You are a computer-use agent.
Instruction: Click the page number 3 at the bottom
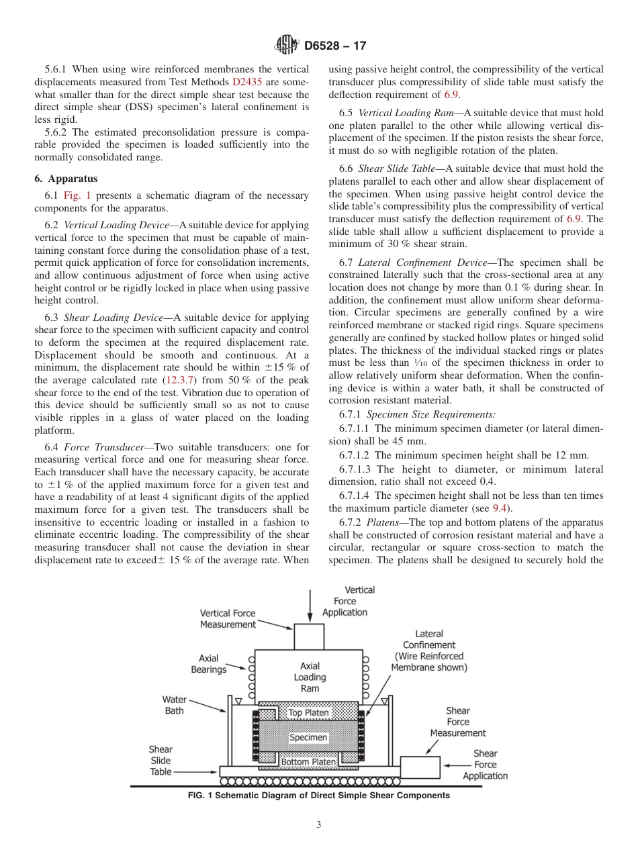pyautogui.click(x=319, y=824)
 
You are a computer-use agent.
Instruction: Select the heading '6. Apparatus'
pyautogui.click(x=66, y=179)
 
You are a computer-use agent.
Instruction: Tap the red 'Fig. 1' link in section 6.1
pyautogui.click(x=77, y=195)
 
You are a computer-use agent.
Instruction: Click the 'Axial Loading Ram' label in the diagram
pyautogui.click(x=309, y=677)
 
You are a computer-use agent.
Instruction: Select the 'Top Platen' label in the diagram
pyautogui.click(x=308, y=712)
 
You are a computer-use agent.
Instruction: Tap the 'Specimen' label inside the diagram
pyautogui.click(x=308, y=737)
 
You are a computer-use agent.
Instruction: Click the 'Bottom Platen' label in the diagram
pyautogui.click(x=308, y=762)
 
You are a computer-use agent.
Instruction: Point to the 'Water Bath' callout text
pyautogui.click(x=174, y=705)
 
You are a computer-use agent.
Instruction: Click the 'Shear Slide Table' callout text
pyautogui.click(x=161, y=761)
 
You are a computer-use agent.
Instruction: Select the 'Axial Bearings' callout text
pyautogui.click(x=208, y=664)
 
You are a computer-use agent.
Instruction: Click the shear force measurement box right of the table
pyautogui.click(x=420, y=767)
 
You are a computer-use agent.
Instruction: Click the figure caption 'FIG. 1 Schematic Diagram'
pyautogui.click(x=318, y=796)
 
